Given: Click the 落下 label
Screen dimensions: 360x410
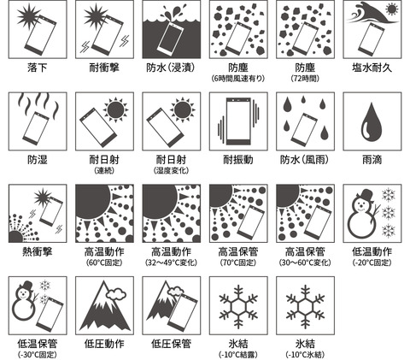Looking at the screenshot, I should pyautogui.click(x=37, y=66).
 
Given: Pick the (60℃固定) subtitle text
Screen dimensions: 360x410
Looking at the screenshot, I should pyautogui.click(x=103, y=263).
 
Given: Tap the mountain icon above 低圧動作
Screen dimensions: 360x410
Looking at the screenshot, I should pyautogui.click(x=103, y=306).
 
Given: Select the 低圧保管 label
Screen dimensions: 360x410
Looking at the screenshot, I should pyautogui.click(x=171, y=343).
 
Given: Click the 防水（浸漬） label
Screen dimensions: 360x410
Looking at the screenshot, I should pyautogui.click(x=171, y=66).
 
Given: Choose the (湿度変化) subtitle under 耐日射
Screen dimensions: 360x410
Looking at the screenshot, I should pyautogui.click(x=171, y=171).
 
